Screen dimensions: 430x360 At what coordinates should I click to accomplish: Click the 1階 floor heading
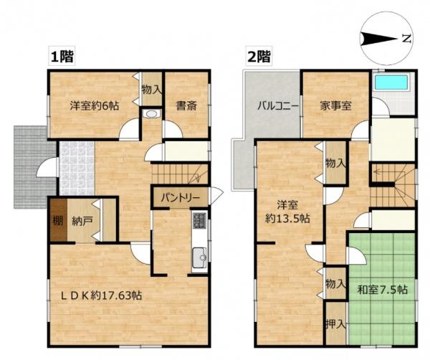62,57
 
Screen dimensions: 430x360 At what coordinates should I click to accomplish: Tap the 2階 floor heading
259,57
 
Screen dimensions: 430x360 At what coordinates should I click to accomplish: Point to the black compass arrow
378,39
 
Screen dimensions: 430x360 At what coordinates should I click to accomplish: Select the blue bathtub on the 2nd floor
391,82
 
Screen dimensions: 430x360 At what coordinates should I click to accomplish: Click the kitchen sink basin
199,257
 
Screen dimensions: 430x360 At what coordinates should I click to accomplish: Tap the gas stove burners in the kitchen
199,220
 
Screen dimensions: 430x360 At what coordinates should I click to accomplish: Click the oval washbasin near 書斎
151,113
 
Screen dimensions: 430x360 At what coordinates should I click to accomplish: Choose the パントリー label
180,197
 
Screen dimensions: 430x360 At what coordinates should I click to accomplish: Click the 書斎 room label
186,105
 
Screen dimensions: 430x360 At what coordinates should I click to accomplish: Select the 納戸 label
82,221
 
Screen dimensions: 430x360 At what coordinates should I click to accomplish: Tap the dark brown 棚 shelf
58,220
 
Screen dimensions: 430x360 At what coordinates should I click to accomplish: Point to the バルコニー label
278,105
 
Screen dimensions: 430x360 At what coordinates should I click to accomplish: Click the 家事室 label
335,105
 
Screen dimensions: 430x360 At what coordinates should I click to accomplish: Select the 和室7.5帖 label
382,290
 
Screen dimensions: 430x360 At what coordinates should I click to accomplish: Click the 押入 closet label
335,325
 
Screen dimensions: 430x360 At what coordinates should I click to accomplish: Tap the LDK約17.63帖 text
101,295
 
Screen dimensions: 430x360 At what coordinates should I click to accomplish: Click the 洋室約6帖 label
94,105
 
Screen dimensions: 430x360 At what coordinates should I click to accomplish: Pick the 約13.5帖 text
287,219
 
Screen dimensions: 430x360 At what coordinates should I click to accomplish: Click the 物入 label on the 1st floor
152,90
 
